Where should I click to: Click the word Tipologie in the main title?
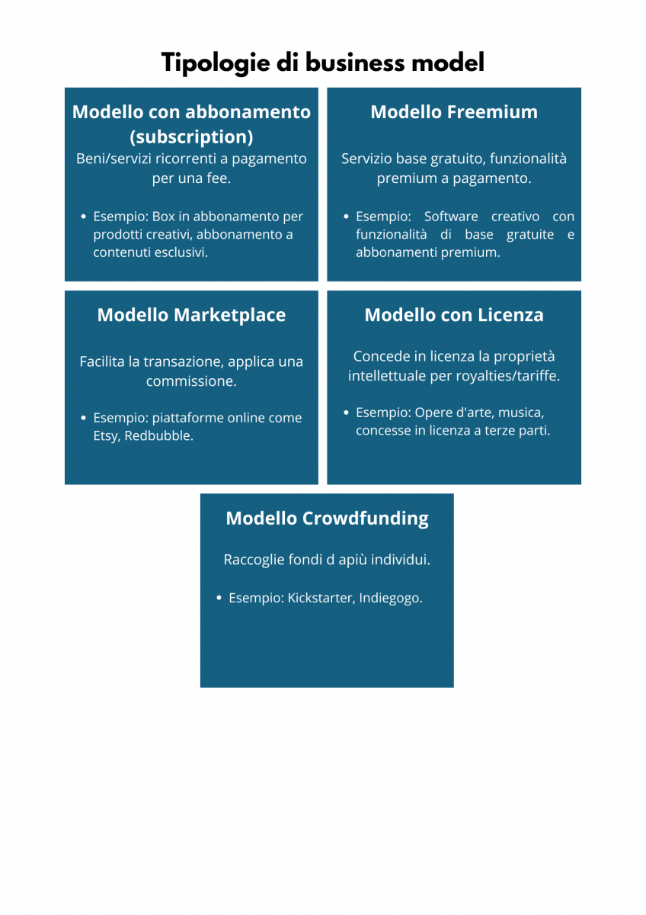pyautogui.click(x=216, y=63)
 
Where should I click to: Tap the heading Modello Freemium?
pyautogui.click(x=454, y=112)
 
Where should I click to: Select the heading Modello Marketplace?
pyautogui.click(x=191, y=315)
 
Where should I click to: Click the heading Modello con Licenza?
pyautogui.click(x=454, y=315)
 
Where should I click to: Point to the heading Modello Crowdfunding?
pyautogui.click(x=327, y=518)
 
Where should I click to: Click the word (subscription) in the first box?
pyautogui.click(x=191, y=136)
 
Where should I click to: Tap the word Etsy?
pyautogui.click(x=107, y=436)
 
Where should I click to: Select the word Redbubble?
pyautogui.click(x=158, y=436)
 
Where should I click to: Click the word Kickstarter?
pyautogui.click(x=321, y=598)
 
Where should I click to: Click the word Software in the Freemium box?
pyautogui.click(x=451, y=217)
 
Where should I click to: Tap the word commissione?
pyautogui.click(x=191, y=381)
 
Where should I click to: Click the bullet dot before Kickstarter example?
pyautogui.click(x=219, y=598)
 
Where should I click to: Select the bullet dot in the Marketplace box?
pyautogui.click(x=83, y=418)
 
